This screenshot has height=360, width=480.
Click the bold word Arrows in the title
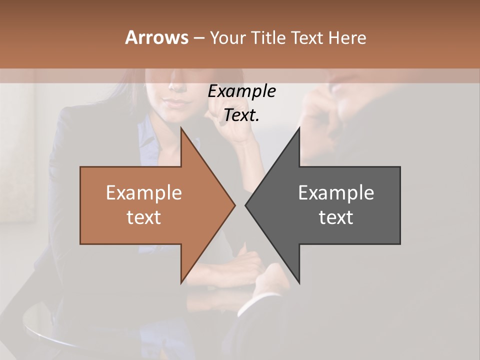tap(156, 37)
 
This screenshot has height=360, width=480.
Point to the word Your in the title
tap(226, 37)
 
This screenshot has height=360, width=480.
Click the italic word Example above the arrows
tap(242, 91)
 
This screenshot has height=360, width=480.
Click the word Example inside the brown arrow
tap(144, 193)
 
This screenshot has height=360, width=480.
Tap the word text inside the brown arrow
tap(144, 217)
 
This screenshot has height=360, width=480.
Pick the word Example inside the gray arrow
tap(336, 193)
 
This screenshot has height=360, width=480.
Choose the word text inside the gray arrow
tap(336, 217)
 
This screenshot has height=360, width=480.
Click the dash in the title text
tap(198, 38)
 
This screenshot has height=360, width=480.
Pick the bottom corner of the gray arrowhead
tap(299, 282)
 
